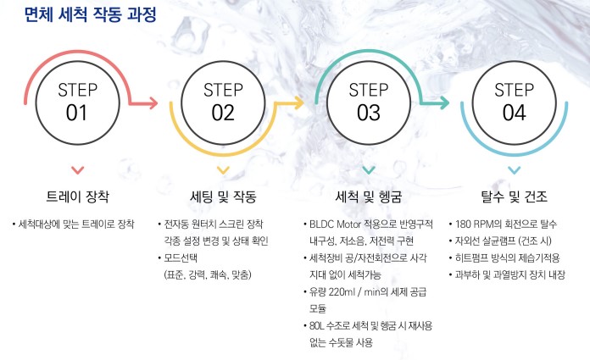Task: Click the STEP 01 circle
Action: tap(77, 102)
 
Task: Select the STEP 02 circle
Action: tap(223, 102)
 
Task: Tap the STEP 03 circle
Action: tap(369, 102)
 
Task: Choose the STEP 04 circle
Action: tap(515, 102)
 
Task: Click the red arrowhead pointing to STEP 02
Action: tap(153, 103)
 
